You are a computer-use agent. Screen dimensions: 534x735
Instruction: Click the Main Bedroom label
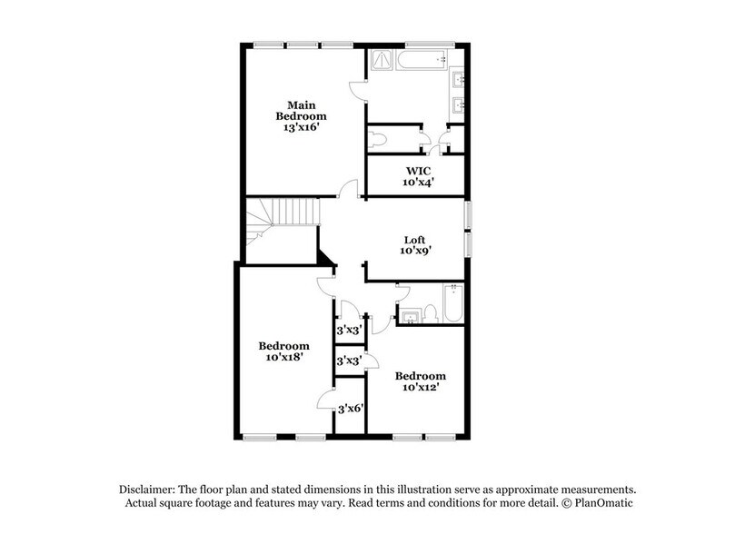pyautogui.click(x=302, y=116)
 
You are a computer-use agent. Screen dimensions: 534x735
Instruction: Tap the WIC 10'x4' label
pyautogui.click(x=418, y=175)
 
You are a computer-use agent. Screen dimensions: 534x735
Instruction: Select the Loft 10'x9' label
pyautogui.click(x=415, y=245)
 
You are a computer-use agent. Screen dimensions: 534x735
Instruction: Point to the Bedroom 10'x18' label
pyautogui.click(x=283, y=351)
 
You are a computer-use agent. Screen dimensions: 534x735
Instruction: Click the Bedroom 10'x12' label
pyautogui.click(x=420, y=381)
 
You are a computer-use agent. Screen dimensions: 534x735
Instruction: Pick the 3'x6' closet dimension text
pyautogui.click(x=350, y=409)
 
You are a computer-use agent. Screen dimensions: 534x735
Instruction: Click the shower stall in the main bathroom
pyautogui.click(x=382, y=60)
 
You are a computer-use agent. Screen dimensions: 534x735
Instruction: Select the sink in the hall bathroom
pyautogui.click(x=411, y=317)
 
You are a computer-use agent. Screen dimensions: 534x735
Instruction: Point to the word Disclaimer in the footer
pyautogui.click(x=149, y=488)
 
